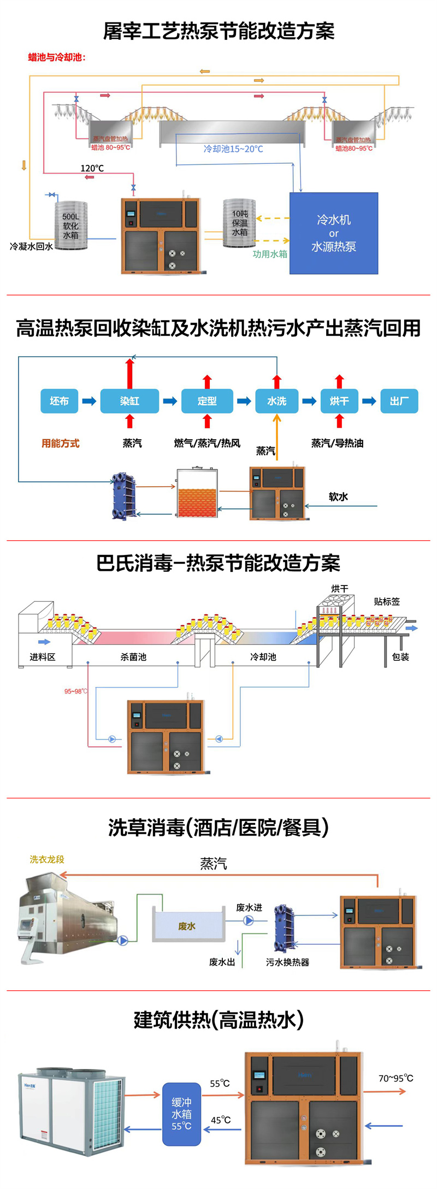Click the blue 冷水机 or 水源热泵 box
click(x=333, y=233)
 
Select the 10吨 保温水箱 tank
click(x=239, y=223)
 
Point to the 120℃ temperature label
click(x=92, y=168)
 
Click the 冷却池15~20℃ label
click(x=233, y=149)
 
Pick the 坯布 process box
click(x=59, y=401)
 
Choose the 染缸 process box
click(x=129, y=401)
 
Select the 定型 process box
click(x=207, y=401)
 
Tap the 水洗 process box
click(x=277, y=401)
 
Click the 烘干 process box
click(x=339, y=401)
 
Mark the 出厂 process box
click(x=399, y=401)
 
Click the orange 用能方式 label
click(x=61, y=443)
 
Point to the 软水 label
click(x=338, y=496)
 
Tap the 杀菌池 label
click(x=133, y=656)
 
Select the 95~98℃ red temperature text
click(x=75, y=691)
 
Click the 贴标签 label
click(x=387, y=601)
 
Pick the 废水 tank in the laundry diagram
click(x=188, y=926)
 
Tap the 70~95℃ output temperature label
click(x=395, y=1078)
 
